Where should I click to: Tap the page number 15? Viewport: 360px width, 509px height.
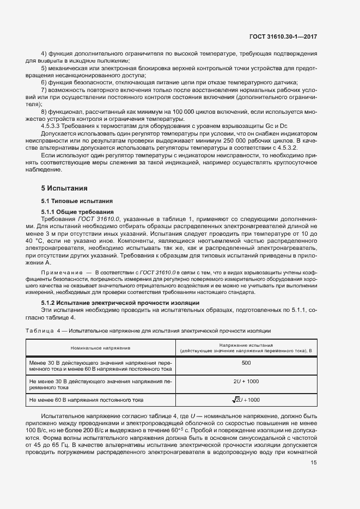[x=314, y=463]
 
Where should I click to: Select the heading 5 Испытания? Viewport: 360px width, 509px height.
[x=64, y=188]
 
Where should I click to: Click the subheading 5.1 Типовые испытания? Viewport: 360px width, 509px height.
[x=74, y=201]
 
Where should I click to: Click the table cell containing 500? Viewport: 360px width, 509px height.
[x=246, y=362]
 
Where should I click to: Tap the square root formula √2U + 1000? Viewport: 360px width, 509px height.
[x=246, y=400]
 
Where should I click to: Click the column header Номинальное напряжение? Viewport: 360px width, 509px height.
[x=100, y=347]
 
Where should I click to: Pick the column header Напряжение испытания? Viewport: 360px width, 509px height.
[x=246, y=345]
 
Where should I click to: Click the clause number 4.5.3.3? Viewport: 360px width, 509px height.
[x=52, y=126]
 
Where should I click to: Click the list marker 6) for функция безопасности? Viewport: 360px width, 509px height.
[x=44, y=82]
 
